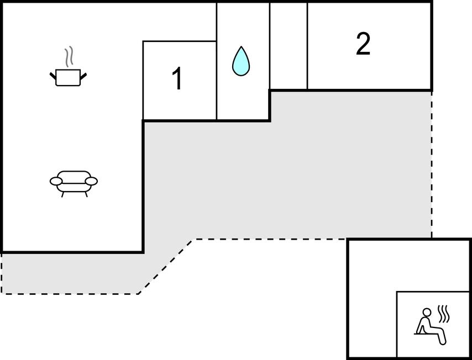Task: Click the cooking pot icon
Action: [x=68, y=77]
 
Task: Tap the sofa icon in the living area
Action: [x=74, y=181]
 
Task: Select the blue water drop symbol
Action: [x=241, y=62]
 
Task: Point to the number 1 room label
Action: [x=177, y=79]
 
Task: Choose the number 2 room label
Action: [x=363, y=44]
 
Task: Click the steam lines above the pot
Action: [x=69, y=56]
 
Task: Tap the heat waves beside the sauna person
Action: [x=444, y=314]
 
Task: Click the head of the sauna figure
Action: [x=426, y=313]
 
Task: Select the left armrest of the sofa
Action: [x=56, y=181]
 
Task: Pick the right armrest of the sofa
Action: [x=91, y=181]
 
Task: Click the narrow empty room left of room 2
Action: [x=289, y=45]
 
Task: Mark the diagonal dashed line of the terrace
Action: [x=166, y=266]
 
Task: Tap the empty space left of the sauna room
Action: [x=371, y=309]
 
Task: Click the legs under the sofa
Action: [x=74, y=194]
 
